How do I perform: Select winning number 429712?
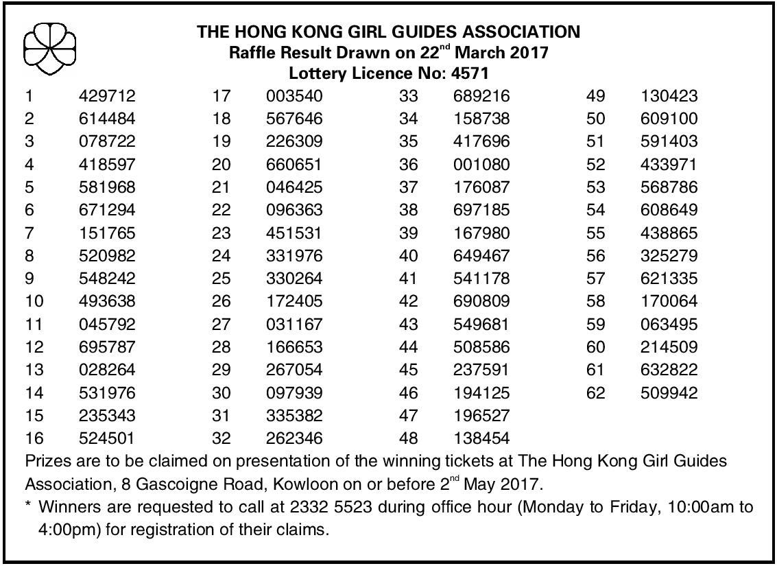click(108, 96)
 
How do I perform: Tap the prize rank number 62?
click(596, 393)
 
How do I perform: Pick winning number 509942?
click(669, 393)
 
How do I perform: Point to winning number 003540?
click(294, 96)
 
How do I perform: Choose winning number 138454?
click(481, 438)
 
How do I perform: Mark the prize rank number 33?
click(409, 96)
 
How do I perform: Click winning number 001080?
click(481, 165)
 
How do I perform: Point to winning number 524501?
click(108, 438)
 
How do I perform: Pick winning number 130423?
click(669, 96)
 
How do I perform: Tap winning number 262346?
click(294, 438)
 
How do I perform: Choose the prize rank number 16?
click(34, 438)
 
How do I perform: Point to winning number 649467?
click(481, 256)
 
